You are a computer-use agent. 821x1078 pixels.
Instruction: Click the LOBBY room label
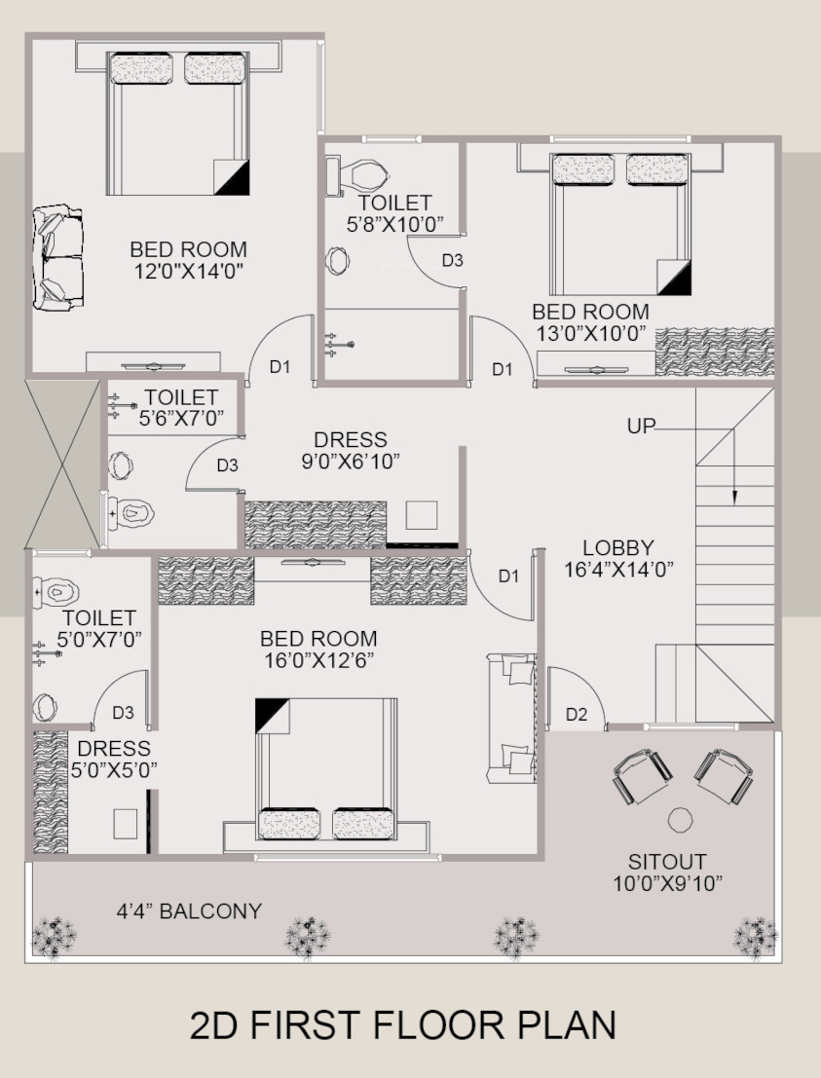click(x=618, y=548)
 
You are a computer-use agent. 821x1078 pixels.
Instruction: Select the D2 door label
click(x=577, y=715)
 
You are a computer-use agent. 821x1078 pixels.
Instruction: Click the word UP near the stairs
click(x=641, y=427)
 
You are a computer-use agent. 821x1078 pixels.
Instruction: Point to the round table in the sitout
click(x=680, y=820)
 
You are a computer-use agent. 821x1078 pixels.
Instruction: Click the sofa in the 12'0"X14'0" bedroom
click(x=58, y=257)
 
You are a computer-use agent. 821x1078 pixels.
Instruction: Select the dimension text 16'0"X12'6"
click(x=319, y=660)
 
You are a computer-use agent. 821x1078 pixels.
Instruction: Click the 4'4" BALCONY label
click(x=189, y=911)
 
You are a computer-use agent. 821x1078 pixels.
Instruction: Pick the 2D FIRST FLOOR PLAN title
click(x=403, y=1025)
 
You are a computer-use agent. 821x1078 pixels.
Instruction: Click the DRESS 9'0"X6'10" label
click(x=351, y=450)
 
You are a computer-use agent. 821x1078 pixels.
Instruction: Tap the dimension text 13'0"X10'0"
click(x=590, y=333)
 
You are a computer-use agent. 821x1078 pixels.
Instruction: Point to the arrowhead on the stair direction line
click(x=734, y=497)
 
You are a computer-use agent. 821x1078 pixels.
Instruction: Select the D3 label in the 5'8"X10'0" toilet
click(x=453, y=261)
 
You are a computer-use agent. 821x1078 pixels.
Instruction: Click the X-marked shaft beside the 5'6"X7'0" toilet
click(x=63, y=464)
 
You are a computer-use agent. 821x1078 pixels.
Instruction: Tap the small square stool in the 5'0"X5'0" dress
click(x=125, y=824)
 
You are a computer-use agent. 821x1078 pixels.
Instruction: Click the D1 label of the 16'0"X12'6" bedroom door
click(x=508, y=576)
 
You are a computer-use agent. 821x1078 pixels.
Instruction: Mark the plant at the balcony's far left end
click(x=55, y=937)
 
